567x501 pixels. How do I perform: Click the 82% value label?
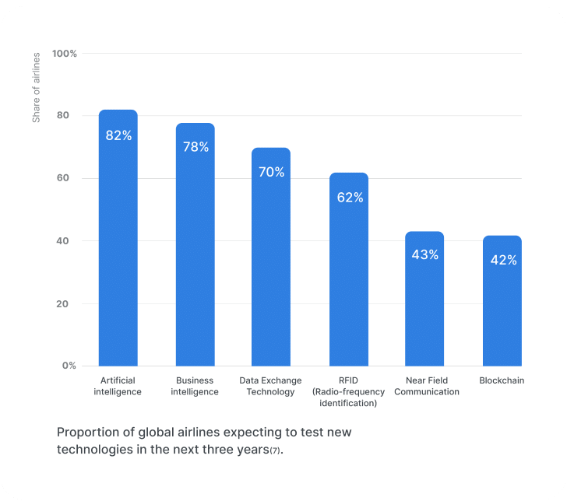(118, 135)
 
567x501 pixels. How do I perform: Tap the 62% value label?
(350, 198)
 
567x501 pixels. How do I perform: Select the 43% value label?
(425, 254)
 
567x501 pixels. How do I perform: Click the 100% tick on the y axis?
(64, 54)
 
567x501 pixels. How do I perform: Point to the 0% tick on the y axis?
(69, 365)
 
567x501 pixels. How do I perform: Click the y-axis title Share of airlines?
(36, 88)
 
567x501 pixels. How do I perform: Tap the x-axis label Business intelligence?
(195, 386)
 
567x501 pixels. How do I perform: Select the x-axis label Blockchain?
(502, 380)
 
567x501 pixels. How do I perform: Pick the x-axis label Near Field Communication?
(426, 386)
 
